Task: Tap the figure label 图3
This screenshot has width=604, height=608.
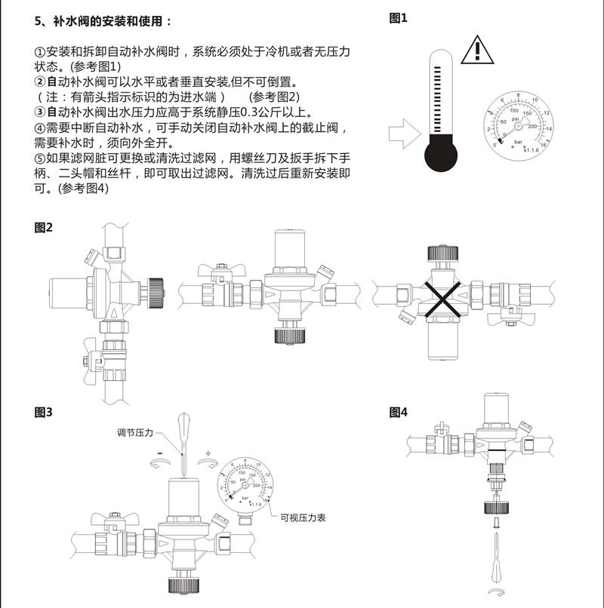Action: [44, 412]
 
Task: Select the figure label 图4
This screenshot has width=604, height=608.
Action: [398, 412]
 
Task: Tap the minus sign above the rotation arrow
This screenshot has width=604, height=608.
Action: [160, 453]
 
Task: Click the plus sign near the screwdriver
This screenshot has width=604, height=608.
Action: [208, 453]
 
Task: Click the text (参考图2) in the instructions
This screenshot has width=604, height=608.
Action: [274, 97]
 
